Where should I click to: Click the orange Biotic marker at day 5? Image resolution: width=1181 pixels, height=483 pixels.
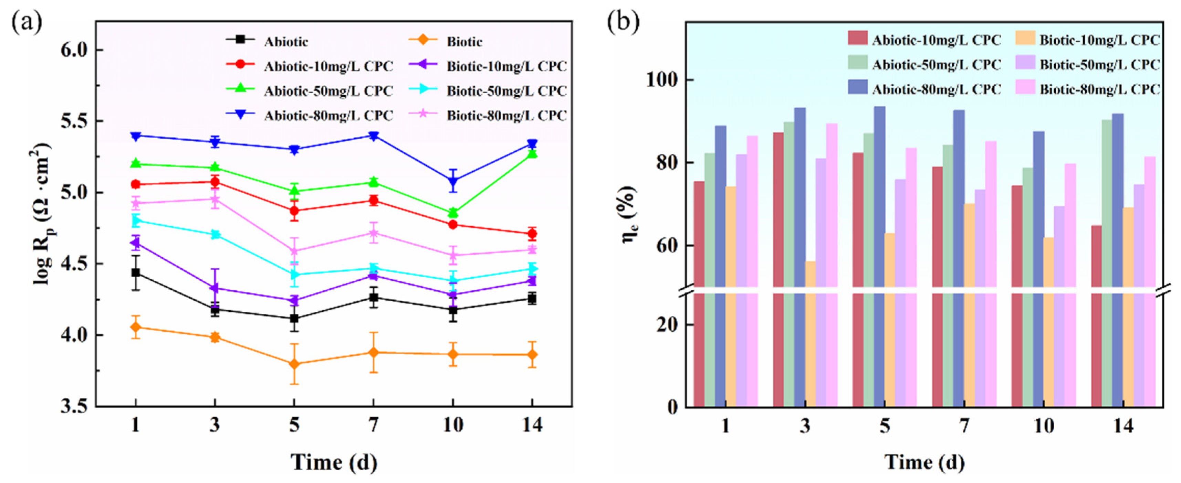click(294, 364)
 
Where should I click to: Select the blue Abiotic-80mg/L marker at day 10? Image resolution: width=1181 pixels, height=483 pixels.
click(453, 181)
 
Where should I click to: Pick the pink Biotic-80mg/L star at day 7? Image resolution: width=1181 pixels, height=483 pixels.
click(374, 233)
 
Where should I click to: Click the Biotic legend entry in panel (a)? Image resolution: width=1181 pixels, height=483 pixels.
click(464, 42)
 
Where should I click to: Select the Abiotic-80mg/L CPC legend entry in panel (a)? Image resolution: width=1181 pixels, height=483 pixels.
click(328, 116)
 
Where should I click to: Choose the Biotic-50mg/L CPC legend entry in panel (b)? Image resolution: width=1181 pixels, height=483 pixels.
click(1099, 65)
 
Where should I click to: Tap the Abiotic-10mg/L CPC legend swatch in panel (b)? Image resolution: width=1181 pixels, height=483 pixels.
click(857, 39)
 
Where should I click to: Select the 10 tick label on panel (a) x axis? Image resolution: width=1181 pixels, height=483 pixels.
click(453, 425)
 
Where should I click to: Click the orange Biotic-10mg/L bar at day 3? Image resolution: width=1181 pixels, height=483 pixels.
click(811, 334)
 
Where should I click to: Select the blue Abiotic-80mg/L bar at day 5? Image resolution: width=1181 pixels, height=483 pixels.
click(879, 257)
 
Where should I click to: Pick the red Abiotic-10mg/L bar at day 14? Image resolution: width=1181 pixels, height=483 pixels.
click(1096, 316)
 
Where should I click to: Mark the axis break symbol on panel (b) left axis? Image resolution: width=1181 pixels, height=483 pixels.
click(686, 290)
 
